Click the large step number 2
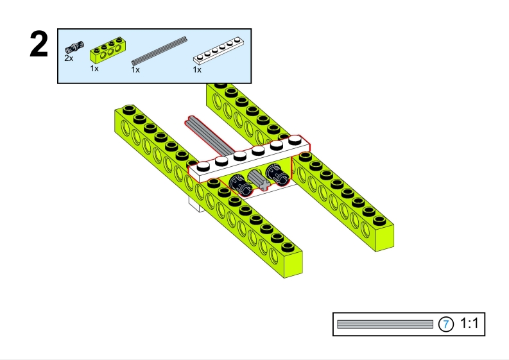coord(39,46)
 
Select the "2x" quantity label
coord(69,58)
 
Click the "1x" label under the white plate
coord(197,70)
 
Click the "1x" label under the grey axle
coord(135,70)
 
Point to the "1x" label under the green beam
coord(94,68)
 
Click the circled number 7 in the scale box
coord(445,325)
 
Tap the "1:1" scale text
coord(469,325)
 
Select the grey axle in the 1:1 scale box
coord(385,325)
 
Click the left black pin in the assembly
coord(240,184)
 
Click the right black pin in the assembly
coord(275,174)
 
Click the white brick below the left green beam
coord(194,203)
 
